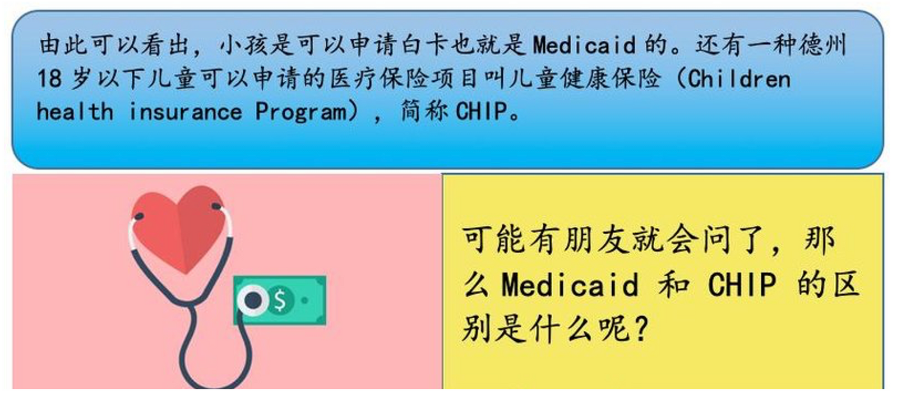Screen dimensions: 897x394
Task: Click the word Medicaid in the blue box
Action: [x=584, y=44]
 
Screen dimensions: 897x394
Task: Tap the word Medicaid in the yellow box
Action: [x=570, y=285]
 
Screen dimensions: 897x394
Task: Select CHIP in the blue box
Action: [x=482, y=111]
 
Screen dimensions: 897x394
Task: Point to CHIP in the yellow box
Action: [x=742, y=285]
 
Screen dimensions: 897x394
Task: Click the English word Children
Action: [x=739, y=78]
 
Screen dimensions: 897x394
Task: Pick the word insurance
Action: [x=186, y=111]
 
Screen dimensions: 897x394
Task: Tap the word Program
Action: [x=301, y=112]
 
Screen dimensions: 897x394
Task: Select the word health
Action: [x=75, y=111]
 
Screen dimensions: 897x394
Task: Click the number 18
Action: [x=50, y=78]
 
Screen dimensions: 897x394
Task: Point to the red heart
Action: [x=179, y=228]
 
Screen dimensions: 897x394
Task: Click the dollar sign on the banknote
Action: [x=280, y=300]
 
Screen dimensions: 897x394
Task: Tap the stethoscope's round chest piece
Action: [x=252, y=300]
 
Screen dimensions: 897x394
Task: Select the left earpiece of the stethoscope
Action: [x=138, y=216]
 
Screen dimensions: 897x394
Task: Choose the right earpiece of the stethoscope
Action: [x=216, y=207]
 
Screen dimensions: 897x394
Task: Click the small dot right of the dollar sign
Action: [x=305, y=300]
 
